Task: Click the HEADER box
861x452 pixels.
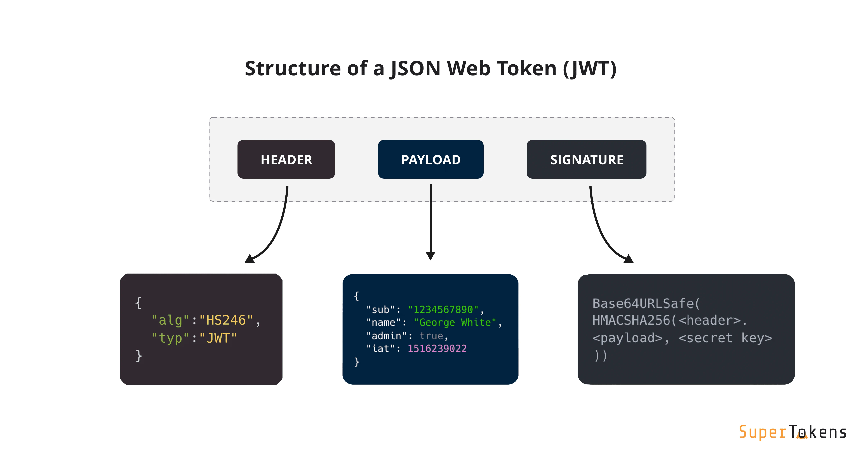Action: click(286, 159)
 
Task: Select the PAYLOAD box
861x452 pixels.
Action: click(430, 159)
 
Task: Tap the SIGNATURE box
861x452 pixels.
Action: click(586, 159)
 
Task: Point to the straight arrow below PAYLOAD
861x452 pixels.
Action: click(430, 221)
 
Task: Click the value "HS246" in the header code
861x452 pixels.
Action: click(226, 320)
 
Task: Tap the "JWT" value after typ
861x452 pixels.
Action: click(218, 338)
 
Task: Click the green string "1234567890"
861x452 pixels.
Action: click(443, 310)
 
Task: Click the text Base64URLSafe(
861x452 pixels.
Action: click(646, 303)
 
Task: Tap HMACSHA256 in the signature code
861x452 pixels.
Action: click(631, 320)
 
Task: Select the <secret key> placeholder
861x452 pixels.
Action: click(725, 338)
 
